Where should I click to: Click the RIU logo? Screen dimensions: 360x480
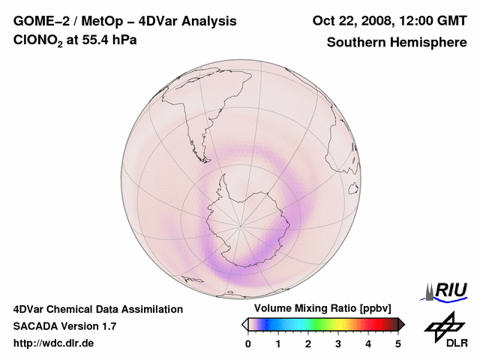point(448,290)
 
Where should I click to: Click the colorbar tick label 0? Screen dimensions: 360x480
point(248,343)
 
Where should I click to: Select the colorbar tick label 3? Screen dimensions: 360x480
point(338,343)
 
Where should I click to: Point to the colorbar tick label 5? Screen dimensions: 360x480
point(398,343)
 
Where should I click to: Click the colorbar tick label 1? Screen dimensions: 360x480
point(278,343)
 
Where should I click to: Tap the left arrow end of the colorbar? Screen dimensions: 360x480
point(244,324)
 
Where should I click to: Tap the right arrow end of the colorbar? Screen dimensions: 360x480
point(402,324)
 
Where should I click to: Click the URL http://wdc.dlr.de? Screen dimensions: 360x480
point(54,343)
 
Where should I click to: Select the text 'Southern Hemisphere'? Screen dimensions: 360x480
point(397,42)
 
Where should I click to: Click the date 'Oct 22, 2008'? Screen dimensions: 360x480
point(350,20)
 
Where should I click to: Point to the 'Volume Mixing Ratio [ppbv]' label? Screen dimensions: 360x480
point(319,308)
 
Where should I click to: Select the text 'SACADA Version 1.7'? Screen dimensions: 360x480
point(64,326)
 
